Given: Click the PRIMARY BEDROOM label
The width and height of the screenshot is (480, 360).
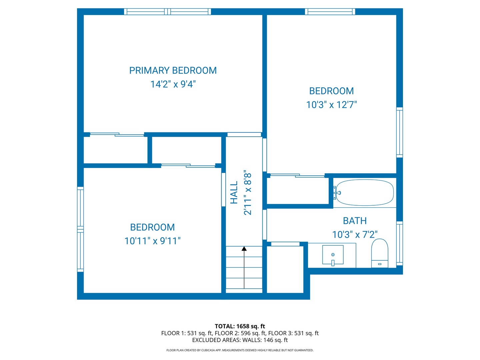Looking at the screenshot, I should coord(173,70).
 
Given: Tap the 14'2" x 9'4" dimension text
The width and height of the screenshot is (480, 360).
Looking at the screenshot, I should coord(173,84).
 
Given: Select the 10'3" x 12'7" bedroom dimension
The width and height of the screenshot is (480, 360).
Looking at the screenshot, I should coord(331,105).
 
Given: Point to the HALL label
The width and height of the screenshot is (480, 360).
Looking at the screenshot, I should coord(234,193).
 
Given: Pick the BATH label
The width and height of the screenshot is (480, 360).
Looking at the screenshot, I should coord(355,221).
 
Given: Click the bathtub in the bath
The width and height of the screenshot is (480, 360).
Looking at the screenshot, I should coord(365,193).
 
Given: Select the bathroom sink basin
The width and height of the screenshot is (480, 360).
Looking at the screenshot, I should coord(333,255).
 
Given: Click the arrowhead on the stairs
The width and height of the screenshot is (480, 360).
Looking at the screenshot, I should coord(244,249).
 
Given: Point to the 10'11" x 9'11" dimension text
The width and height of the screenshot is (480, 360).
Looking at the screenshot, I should coord(152,241).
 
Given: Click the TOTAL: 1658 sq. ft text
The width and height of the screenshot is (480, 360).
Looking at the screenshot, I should coord(240,326).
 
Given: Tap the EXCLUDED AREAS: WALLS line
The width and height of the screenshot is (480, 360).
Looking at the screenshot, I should coord(240,340).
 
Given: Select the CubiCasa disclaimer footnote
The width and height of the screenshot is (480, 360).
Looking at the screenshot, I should coord(240,350).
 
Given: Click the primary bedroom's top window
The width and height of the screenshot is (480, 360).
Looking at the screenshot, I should coord(167,12).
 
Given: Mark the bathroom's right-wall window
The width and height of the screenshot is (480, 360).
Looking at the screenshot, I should coord(399,243).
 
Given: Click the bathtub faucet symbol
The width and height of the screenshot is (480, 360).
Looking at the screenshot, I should coord(337,193).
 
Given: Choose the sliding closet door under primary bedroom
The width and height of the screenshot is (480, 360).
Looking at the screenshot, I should coord(117,134).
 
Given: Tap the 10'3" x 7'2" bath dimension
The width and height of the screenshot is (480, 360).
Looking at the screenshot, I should coord(355,234).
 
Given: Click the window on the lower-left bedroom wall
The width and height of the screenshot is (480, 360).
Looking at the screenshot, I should coord(80,229).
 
